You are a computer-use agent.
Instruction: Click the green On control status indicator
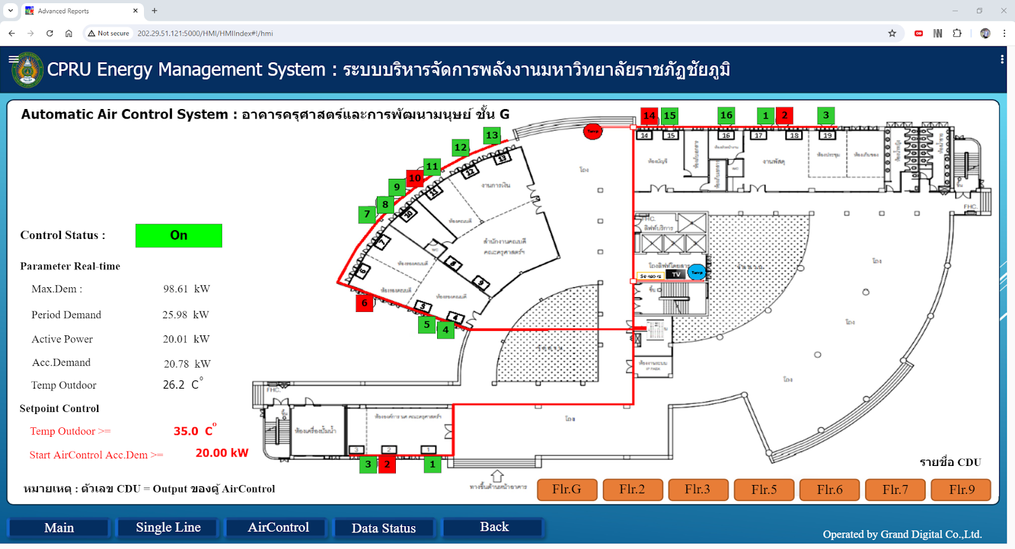tap(178, 235)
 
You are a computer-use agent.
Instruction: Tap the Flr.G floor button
tap(566, 489)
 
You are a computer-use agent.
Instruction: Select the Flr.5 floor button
tap(764, 489)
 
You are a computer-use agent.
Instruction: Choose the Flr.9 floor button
tap(961, 489)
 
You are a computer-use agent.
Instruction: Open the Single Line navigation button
tap(168, 527)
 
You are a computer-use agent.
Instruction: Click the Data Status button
tap(384, 528)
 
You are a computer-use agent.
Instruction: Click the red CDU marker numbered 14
tap(649, 115)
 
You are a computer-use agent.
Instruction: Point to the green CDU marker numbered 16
tap(726, 115)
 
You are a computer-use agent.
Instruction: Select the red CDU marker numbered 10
tap(415, 178)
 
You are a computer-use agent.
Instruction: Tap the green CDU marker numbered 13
tap(492, 135)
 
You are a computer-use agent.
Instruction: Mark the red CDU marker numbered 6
tap(364, 303)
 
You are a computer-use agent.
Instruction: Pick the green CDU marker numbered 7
tap(367, 214)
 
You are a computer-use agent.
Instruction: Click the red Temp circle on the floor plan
tap(593, 131)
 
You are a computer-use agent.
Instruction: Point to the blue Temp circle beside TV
tap(697, 273)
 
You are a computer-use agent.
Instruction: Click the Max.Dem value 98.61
tap(176, 289)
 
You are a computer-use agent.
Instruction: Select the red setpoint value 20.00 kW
tap(221, 453)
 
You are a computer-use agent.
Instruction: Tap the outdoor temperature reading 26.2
tap(174, 385)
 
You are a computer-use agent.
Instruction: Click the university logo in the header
tap(28, 70)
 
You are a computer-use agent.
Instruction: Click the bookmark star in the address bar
tap(892, 33)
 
